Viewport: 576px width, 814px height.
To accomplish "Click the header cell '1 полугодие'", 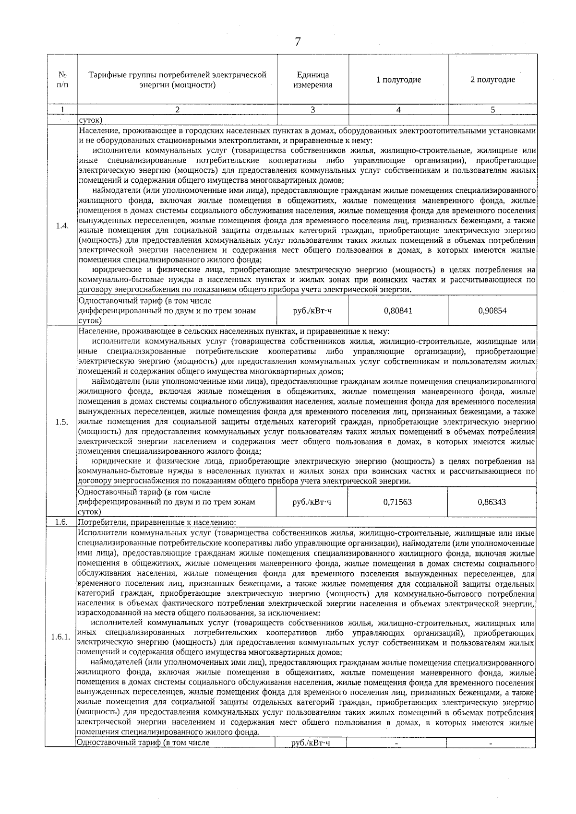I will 398,80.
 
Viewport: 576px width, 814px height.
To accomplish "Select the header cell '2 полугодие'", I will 492,80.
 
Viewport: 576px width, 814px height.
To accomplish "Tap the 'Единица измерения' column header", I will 313,80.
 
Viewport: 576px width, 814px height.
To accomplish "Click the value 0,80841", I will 398,311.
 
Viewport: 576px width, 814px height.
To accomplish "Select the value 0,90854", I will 492,311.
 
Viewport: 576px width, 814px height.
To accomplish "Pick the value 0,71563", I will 397,502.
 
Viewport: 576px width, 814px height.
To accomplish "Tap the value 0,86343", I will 492,502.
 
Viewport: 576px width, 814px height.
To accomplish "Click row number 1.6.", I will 61,522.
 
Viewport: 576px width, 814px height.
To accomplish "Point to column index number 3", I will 313,110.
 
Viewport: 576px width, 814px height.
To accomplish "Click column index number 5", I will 492,110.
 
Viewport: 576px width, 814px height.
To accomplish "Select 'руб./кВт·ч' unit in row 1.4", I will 312,311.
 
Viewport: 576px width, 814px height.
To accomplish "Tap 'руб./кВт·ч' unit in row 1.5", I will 312,502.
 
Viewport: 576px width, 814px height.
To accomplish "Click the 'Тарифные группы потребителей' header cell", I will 177,80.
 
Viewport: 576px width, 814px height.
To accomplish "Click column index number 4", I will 398,110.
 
